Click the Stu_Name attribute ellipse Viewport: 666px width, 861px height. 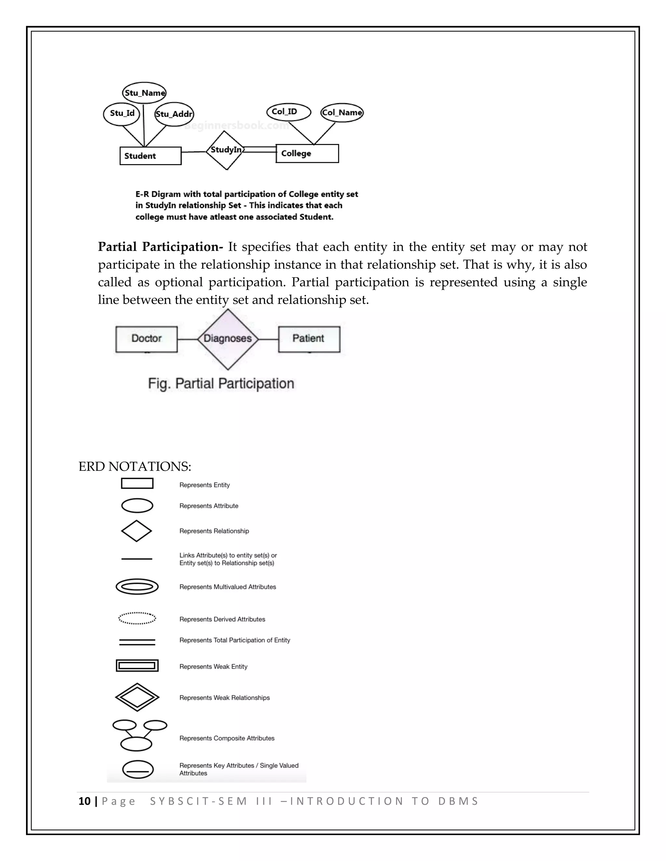click(144, 93)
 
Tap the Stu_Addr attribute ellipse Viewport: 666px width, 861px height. click(174, 114)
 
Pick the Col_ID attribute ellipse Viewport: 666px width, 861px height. click(288, 112)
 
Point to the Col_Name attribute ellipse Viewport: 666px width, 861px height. click(342, 113)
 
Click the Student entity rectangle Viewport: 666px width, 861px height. click(150, 156)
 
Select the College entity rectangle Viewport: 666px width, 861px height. click(307, 153)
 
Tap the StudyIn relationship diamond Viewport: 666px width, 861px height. click(226, 150)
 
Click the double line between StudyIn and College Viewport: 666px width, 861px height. click(260, 149)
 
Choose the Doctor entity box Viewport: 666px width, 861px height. click(146, 339)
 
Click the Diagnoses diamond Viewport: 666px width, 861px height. click(228, 339)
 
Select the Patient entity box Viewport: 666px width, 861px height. click(309, 339)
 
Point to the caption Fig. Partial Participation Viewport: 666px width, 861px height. click(221, 384)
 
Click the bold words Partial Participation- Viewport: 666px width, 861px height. click(160, 247)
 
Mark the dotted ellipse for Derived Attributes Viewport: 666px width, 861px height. click(137, 618)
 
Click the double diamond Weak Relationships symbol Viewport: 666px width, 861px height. click(137, 697)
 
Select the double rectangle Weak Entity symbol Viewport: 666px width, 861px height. click(137, 666)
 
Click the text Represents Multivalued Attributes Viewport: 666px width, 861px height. click(228, 587)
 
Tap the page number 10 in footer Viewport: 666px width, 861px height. click(85, 802)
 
